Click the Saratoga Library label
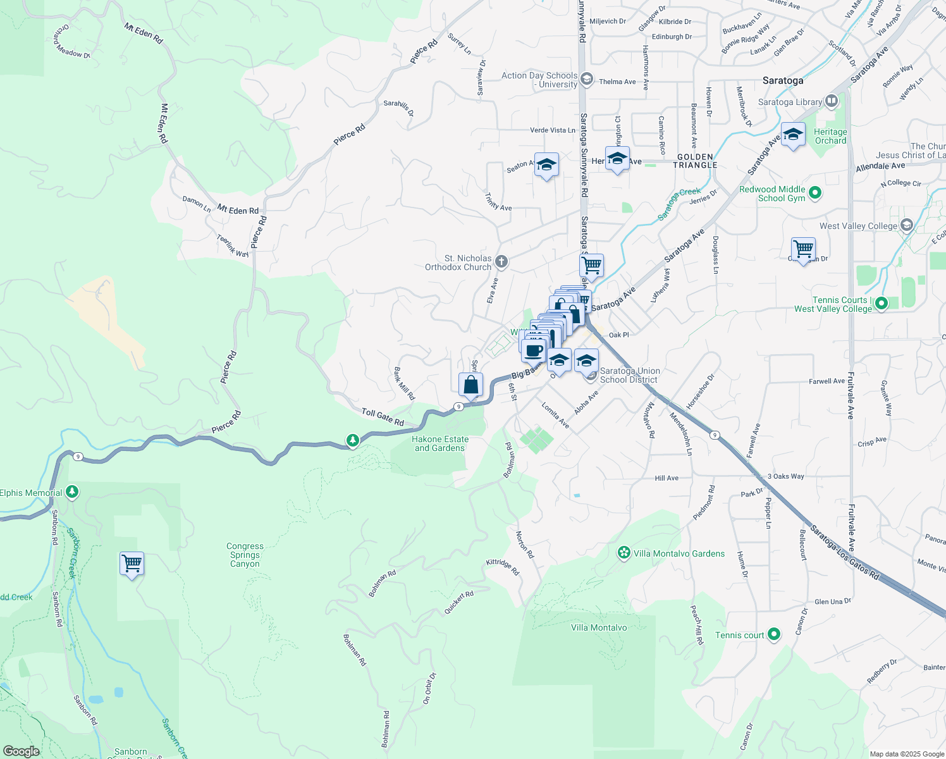[x=790, y=102]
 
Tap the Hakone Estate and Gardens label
[x=440, y=443]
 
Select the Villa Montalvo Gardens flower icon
[x=624, y=553]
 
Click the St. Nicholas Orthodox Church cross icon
[x=501, y=261]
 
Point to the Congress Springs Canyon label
[x=245, y=555]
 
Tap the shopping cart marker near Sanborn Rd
[x=132, y=564]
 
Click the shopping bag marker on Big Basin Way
[x=470, y=385]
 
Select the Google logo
[x=21, y=751]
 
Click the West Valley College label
[x=858, y=226]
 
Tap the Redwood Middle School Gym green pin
[x=815, y=193]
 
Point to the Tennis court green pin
[x=774, y=634]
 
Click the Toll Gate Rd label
[x=383, y=417]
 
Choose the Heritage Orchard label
[x=830, y=137]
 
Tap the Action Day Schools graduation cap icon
[x=586, y=79]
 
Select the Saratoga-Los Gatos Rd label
[x=845, y=552]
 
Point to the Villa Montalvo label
[x=599, y=627]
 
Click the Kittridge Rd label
[x=503, y=566]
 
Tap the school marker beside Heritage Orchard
[x=793, y=135]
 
